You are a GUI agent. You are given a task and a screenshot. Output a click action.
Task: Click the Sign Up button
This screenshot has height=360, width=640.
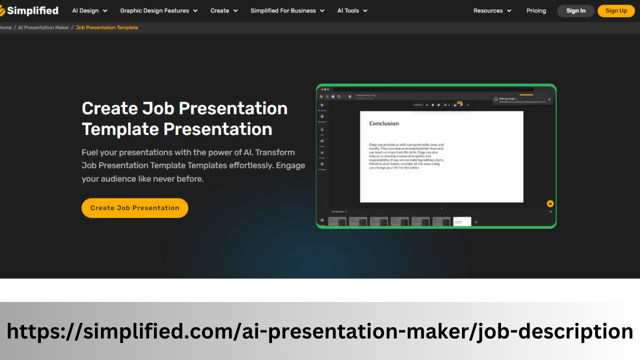(616, 10)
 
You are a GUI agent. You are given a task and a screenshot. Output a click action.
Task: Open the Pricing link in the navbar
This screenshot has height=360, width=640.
(536, 10)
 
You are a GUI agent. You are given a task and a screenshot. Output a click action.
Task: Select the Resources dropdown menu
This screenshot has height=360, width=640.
(492, 10)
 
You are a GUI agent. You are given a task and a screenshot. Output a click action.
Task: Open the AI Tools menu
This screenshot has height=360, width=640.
(352, 10)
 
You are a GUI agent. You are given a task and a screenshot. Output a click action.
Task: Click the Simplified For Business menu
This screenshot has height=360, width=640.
(287, 10)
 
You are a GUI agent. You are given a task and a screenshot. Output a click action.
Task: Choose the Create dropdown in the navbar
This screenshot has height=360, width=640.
(223, 10)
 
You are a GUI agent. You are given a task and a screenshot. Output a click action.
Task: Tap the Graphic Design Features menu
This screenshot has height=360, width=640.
(158, 10)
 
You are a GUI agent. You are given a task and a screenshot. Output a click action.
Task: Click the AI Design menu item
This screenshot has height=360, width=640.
(89, 10)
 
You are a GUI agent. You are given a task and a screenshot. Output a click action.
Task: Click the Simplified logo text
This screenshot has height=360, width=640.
(33, 10)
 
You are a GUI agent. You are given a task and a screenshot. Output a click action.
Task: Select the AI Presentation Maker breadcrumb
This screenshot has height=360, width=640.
(43, 27)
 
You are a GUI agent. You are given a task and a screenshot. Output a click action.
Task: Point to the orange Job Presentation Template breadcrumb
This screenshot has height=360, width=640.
(106, 27)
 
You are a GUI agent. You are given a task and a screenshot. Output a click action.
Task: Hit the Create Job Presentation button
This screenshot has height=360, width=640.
(134, 208)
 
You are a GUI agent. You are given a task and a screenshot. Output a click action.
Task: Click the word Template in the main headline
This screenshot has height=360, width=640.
(120, 129)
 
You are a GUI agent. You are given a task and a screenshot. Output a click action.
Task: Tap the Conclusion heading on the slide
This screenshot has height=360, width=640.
(384, 123)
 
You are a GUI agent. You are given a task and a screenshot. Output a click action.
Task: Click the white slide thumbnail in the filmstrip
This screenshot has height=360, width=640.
(462, 221)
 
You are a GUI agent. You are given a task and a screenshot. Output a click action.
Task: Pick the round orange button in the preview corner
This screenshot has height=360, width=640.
(550, 203)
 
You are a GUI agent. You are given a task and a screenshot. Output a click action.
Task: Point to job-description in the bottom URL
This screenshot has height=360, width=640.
(555, 331)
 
